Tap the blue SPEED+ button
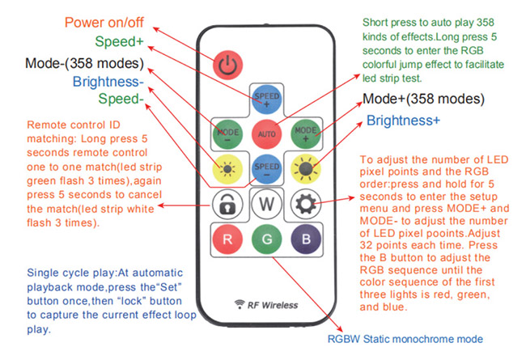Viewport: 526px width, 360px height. point(265,100)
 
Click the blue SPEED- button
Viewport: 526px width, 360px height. point(265,168)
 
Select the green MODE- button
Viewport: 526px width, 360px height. point(227,133)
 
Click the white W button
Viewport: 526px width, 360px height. point(265,202)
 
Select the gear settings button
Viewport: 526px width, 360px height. point(305,202)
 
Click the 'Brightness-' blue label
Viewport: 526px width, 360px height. point(108,82)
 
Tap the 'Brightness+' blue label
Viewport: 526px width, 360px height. point(403,121)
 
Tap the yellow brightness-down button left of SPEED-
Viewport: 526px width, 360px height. point(227,168)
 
